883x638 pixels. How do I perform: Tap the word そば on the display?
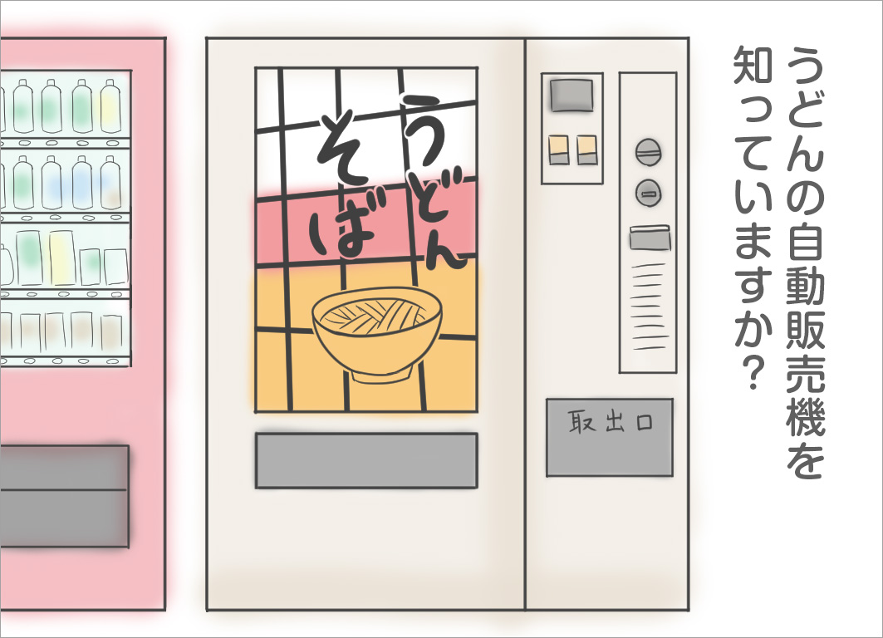[x=342, y=187]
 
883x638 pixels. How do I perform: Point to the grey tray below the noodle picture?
[x=365, y=460]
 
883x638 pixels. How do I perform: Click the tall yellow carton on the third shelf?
[x=61, y=257]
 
